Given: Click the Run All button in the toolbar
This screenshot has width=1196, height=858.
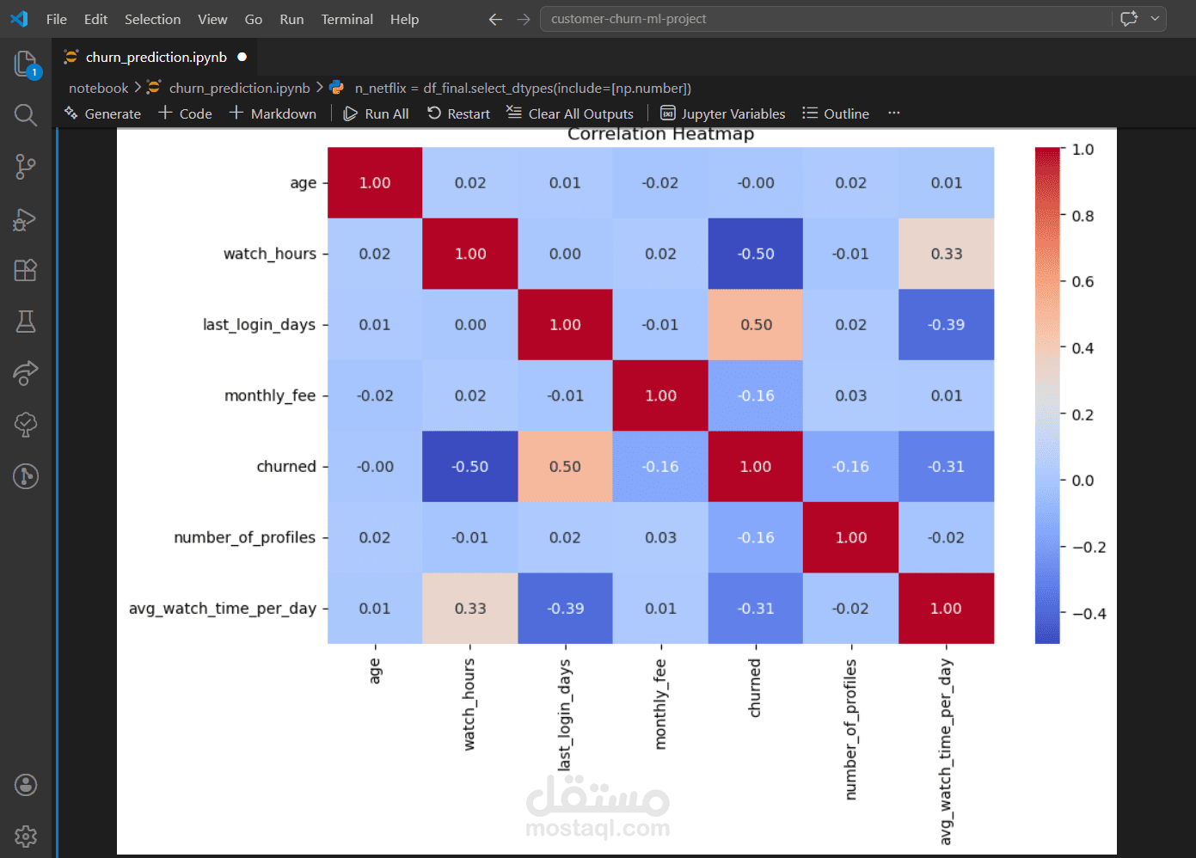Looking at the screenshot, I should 377,113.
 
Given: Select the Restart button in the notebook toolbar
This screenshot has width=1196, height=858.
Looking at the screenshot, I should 459,113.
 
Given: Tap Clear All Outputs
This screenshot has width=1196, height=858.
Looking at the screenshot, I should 570,113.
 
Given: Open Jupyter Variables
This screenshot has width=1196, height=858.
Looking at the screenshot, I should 723,113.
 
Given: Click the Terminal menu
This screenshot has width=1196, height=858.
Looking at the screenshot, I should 347,19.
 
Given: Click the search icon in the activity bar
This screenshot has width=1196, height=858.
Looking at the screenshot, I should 26,115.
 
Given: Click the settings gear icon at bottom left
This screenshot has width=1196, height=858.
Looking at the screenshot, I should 26,836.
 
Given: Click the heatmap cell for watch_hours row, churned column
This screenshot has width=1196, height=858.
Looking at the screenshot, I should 756,254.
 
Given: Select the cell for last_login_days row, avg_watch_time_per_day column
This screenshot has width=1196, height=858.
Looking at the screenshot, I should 946,325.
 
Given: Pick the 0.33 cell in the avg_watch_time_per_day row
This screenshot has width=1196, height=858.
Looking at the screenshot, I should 470,609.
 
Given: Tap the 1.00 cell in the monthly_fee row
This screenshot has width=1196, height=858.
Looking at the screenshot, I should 660,395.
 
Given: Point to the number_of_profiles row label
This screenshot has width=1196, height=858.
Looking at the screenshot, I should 244,537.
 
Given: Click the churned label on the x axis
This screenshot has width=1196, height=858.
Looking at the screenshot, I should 755,688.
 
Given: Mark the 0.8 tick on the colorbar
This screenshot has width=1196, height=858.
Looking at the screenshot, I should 1083,216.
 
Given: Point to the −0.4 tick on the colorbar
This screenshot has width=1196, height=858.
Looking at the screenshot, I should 1089,614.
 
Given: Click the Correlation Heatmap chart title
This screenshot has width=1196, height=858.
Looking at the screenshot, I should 660,134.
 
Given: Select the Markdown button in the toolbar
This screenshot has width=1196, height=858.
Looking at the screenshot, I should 273,113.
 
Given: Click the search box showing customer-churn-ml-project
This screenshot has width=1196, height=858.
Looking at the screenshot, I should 825,19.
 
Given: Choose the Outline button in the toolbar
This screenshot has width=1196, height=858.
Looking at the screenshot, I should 836,113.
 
